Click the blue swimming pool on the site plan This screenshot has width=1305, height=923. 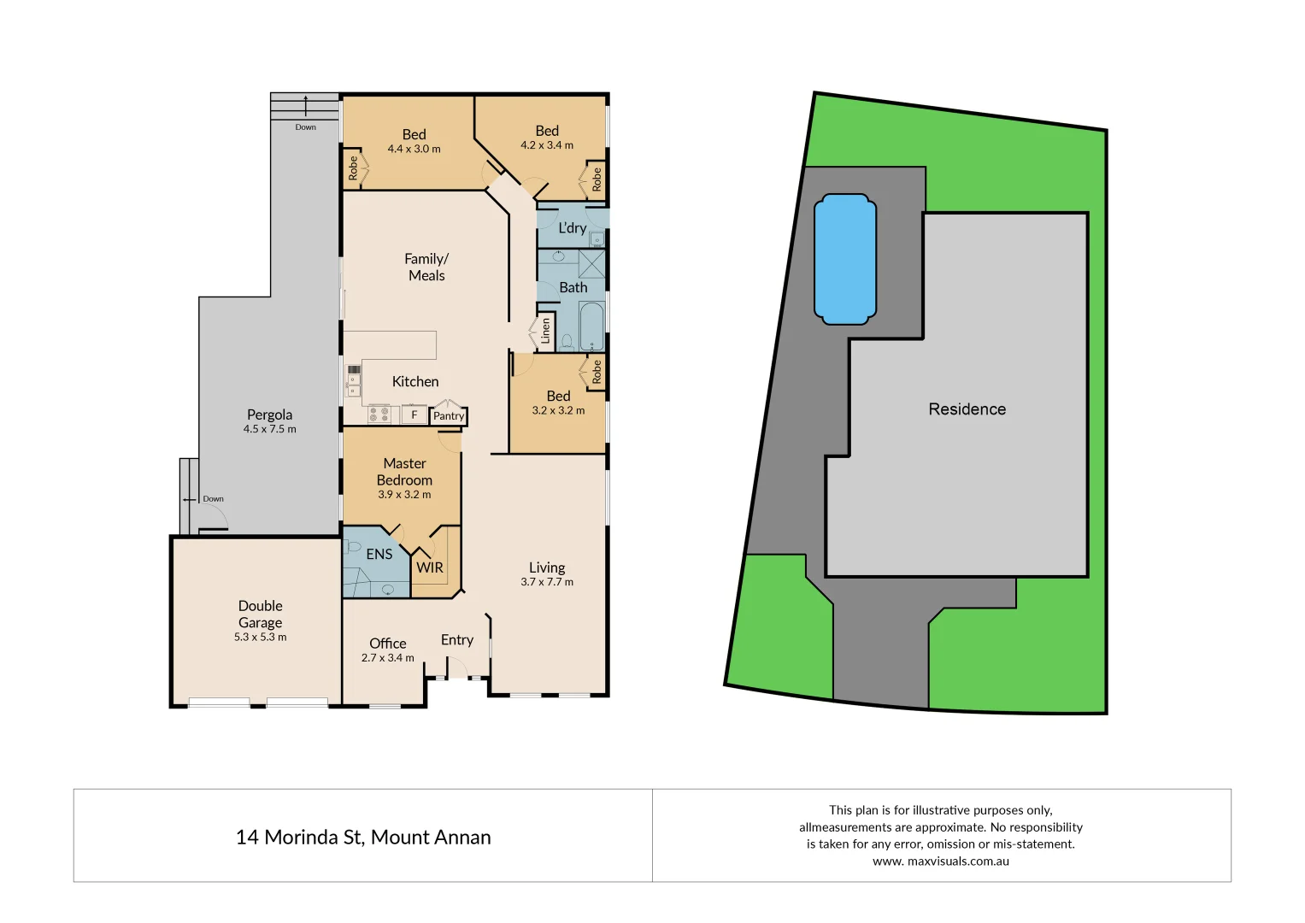point(845,259)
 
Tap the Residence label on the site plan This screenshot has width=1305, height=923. point(967,409)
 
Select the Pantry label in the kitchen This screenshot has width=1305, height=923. point(448,416)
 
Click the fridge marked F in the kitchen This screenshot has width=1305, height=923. point(414,415)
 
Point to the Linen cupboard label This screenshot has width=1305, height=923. point(545,331)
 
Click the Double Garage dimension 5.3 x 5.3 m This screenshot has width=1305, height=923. point(260,638)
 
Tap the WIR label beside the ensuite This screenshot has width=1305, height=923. point(430,567)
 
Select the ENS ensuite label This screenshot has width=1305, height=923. point(379,554)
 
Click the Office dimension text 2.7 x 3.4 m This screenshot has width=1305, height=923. point(387,658)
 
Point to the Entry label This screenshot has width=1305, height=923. point(456,640)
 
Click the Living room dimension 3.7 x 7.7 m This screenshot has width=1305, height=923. point(547,582)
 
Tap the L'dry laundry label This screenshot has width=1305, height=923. point(572,228)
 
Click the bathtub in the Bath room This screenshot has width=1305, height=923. point(591,327)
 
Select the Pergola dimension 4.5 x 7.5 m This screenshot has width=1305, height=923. point(269,429)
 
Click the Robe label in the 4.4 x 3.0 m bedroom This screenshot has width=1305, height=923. point(353,168)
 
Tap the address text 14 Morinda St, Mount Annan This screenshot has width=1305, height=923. point(363,838)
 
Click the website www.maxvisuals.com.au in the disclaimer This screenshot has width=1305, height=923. point(940,861)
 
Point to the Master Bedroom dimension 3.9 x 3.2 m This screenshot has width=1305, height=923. point(404,495)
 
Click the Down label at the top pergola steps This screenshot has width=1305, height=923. point(305,127)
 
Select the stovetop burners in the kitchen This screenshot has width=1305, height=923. point(379,415)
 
